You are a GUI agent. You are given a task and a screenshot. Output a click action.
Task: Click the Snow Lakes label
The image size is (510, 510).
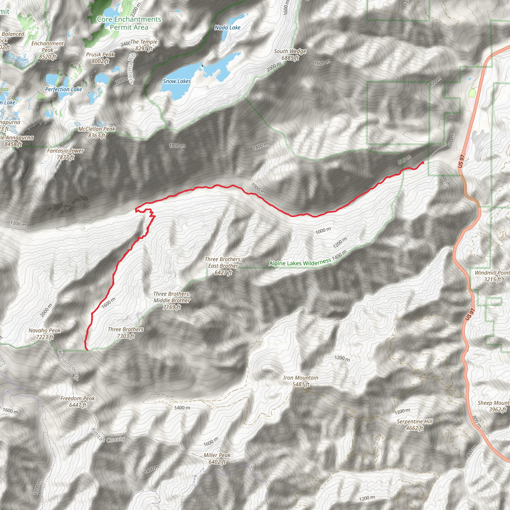click(177, 81)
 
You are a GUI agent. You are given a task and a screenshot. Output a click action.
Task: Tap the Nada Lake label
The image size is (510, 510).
click(227, 27)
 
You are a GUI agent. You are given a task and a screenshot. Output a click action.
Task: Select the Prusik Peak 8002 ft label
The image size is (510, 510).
click(100, 58)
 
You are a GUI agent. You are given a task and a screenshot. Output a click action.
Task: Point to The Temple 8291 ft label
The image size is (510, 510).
click(144, 45)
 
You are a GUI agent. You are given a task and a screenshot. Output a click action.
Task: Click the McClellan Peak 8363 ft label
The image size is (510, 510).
click(97, 132)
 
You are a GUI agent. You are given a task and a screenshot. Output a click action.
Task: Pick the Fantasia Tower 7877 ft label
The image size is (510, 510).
click(65, 154)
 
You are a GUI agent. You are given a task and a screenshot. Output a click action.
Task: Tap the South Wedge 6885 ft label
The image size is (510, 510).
click(290, 55)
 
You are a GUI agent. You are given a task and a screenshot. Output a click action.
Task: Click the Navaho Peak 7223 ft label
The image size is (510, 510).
click(45, 334)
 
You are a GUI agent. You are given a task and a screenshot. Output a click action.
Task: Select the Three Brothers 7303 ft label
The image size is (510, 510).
click(126, 333)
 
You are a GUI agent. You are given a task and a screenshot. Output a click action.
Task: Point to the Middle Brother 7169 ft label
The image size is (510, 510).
click(172, 300)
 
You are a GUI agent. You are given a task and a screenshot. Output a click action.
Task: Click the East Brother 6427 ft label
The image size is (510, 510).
click(223, 266)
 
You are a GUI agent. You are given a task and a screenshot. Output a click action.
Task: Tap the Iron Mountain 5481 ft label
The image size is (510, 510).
click(300, 381)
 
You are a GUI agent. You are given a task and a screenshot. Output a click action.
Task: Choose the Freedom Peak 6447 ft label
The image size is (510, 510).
click(77, 401)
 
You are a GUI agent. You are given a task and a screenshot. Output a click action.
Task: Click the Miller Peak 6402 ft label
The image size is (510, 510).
click(217, 458)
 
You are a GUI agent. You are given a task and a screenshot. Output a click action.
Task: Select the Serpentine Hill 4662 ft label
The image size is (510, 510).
click(414, 425)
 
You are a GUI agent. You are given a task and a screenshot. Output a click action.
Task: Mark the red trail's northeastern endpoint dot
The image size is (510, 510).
click(423, 163)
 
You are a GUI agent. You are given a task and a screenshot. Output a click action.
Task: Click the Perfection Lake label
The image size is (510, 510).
click(63, 89)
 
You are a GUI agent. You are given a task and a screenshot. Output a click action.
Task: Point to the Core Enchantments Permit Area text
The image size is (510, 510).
click(129, 23)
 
